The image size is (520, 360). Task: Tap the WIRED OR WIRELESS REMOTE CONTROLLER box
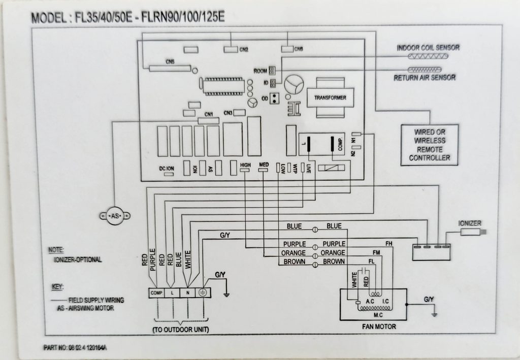coord(429,144)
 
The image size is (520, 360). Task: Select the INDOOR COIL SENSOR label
coord(428,47)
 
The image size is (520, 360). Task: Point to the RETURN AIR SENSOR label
coord(425,78)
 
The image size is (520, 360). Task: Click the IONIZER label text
coord(469,223)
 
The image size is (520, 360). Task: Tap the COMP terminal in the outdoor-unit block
coord(155,293)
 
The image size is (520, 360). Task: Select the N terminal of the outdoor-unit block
coord(188,293)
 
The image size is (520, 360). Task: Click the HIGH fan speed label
coord(245,165)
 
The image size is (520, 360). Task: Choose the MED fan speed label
coord(264,165)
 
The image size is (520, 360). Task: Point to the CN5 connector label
coord(170,62)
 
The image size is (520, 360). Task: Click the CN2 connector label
coord(244,50)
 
